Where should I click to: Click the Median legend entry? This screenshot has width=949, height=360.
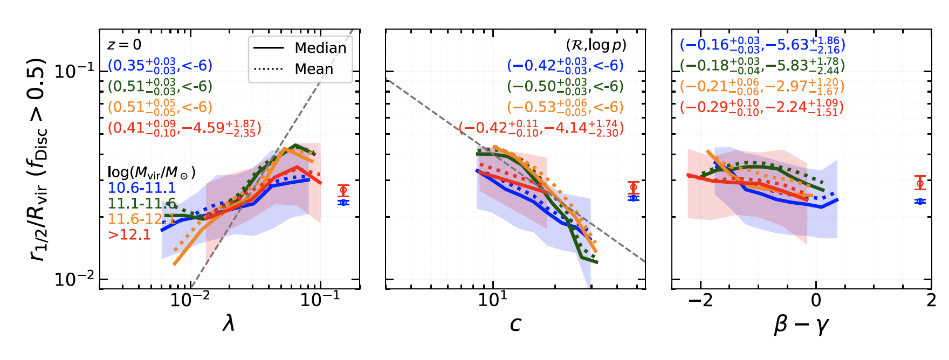coord(320,48)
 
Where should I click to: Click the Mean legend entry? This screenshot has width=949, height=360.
coord(314,69)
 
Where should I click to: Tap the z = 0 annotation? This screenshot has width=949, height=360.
coord(124,45)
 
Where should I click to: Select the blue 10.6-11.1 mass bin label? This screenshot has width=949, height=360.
coord(141,188)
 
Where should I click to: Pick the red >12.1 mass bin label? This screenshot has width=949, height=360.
coord(129,234)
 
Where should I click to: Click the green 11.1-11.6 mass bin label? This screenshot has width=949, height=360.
coord(141,203)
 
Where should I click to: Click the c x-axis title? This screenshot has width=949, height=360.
coord(515,323)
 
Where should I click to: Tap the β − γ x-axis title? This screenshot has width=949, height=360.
coord(801,324)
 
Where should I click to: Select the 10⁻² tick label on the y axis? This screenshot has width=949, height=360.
coord(74,279)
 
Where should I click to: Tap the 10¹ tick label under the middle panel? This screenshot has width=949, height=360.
coord(492,299)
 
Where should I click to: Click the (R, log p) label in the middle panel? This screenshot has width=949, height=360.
coord(596,45)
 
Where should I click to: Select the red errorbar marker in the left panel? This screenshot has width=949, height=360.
coord(343,190)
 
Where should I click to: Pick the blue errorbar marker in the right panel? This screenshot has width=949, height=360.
coord(920,202)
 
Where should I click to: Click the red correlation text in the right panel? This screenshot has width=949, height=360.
coord(761,107)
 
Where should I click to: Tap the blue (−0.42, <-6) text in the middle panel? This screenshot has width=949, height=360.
coord(565,66)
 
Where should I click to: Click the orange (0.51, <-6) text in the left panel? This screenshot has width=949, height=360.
coord(160,107)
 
